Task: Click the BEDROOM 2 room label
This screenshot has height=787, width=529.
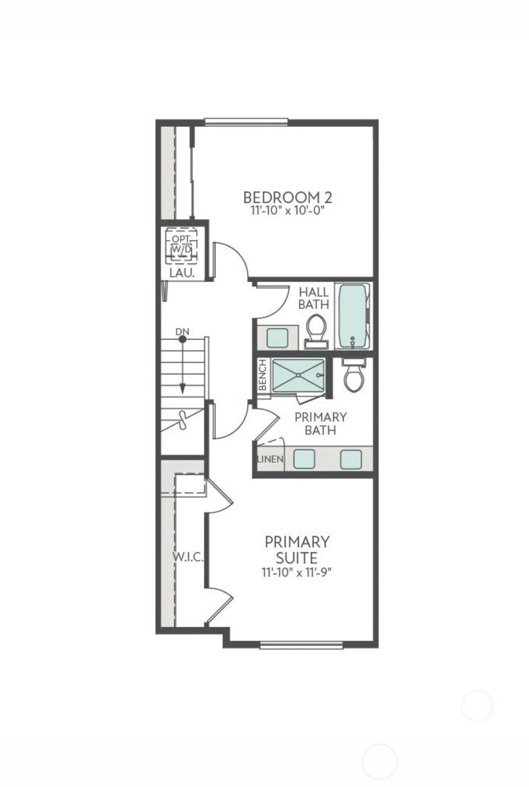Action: tap(287, 197)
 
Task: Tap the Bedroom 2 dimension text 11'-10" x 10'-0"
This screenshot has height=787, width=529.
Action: tap(287, 212)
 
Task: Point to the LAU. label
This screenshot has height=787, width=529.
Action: tap(181, 273)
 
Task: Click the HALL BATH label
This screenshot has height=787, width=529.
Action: tap(314, 298)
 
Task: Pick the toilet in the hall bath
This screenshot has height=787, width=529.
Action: tap(316, 330)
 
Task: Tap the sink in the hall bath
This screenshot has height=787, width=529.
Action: tap(278, 337)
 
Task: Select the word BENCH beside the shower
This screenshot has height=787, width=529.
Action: tap(263, 375)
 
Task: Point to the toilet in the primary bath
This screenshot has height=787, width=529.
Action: tap(354, 374)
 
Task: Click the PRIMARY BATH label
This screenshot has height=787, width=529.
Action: tap(320, 424)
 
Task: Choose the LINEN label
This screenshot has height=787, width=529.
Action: tap(270, 459)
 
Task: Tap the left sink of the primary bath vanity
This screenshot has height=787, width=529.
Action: tap(304, 459)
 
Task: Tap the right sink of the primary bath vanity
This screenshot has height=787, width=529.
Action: tap(351, 459)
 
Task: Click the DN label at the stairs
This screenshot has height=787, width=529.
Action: tap(183, 331)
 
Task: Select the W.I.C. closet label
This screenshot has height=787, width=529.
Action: tap(189, 557)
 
